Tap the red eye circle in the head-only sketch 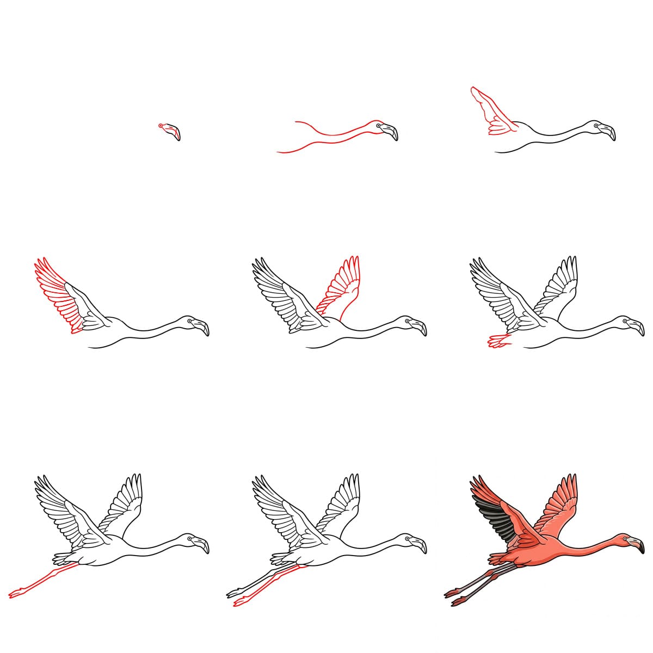tap(161, 126)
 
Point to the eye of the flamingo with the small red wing tap(596, 126)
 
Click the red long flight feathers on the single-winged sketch tap(54, 294)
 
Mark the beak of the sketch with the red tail tap(636, 328)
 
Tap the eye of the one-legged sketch tap(190, 539)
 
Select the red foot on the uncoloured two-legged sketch tap(239, 602)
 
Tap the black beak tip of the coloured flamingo tap(640, 550)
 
